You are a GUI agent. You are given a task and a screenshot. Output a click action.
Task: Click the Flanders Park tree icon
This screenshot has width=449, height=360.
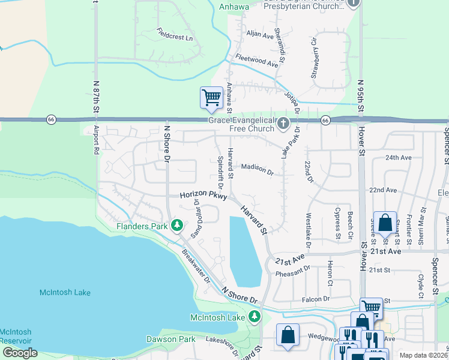pyautogui.click(x=176, y=226)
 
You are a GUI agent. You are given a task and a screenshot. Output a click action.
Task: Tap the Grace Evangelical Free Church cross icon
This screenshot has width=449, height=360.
pyautogui.click(x=283, y=124)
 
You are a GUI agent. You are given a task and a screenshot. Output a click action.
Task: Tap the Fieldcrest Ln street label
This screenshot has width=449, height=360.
pyautogui.click(x=175, y=34)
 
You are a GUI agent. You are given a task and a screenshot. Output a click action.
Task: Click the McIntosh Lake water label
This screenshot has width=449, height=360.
pyautogui.click(x=65, y=292)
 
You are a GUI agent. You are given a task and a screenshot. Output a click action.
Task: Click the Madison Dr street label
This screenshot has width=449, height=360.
pyautogui.click(x=258, y=169)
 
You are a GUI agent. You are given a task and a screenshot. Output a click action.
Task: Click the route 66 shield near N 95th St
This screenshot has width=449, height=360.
pyautogui.click(x=325, y=120)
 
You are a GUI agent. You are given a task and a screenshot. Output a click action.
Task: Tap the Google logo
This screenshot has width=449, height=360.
pyautogui.click(x=20, y=353)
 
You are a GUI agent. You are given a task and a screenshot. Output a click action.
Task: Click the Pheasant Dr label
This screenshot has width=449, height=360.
pyautogui.click(x=292, y=274)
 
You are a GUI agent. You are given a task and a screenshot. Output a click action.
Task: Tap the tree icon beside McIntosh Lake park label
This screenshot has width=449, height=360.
pyautogui.click(x=255, y=317)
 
